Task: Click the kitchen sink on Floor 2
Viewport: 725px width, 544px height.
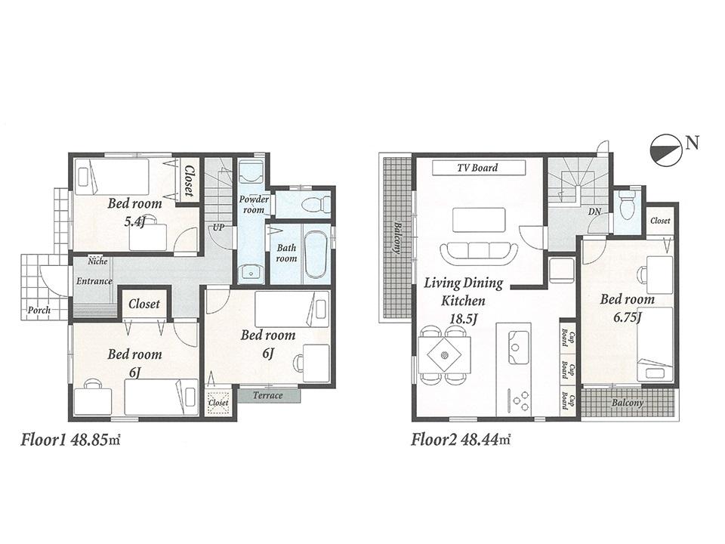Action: pos(519,347)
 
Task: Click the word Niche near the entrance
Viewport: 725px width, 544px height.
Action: pos(97,261)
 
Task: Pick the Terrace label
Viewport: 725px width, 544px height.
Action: pos(268,395)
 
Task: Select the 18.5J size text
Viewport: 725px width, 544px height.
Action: pos(464,319)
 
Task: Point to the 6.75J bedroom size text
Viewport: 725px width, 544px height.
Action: pos(626,317)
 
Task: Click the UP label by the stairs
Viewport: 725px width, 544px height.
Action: pos(218,226)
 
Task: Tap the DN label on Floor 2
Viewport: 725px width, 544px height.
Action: pos(594,212)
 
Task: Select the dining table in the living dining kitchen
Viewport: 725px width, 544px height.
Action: pos(444,354)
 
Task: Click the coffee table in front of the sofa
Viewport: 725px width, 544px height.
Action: pos(479,219)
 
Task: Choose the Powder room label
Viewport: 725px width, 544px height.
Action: pos(254,204)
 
